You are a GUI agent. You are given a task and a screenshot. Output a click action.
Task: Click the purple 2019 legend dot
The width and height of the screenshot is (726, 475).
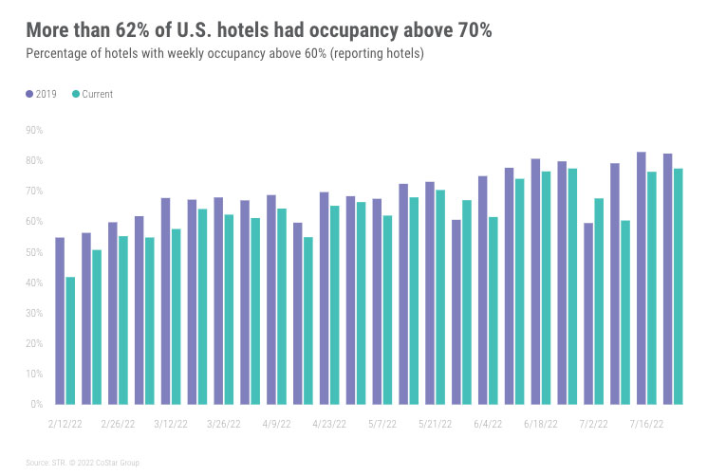coord(28,94)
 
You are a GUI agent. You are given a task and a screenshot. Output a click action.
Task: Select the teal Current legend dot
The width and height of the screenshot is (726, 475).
coord(76,94)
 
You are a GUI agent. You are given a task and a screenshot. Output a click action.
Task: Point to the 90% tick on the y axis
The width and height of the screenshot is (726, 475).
coord(35,130)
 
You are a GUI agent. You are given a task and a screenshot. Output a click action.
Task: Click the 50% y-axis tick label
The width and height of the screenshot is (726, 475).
coord(35,252)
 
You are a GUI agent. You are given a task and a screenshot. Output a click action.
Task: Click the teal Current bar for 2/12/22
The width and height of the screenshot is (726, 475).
coord(70,340)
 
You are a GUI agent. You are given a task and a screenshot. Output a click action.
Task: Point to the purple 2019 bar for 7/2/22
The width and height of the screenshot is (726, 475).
coord(588,313)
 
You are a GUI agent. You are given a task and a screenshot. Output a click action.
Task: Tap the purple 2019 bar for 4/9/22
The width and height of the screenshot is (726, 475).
coord(271,300)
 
